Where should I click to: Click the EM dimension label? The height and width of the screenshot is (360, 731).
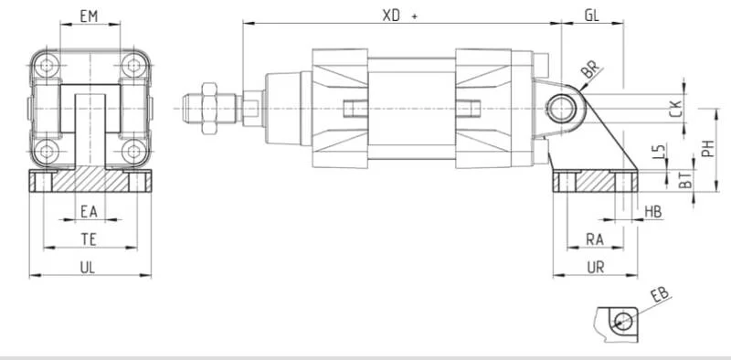(89, 16)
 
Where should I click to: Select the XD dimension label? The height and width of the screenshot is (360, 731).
(391, 16)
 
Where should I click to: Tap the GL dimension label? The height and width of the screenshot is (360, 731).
(591, 16)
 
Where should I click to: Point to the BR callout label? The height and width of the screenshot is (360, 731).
(591, 71)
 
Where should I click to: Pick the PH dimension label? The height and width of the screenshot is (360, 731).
(708, 148)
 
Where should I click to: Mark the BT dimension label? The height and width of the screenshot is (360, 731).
(684, 180)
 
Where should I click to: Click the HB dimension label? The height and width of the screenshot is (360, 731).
(653, 212)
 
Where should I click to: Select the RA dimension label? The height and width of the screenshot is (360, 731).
(595, 239)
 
